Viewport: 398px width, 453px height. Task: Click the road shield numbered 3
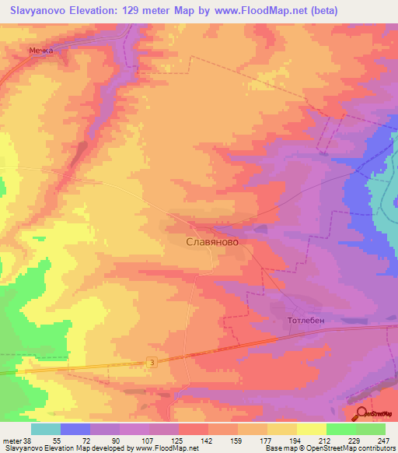(151, 362)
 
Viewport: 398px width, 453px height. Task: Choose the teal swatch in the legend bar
(45, 429)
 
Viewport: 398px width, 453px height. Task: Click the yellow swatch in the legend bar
(311, 429)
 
